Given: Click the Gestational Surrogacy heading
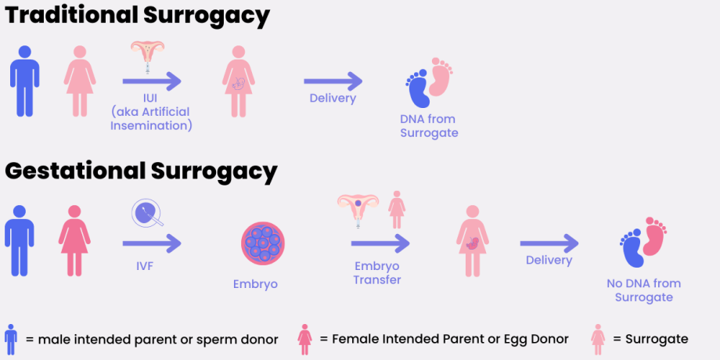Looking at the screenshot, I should click(142, 170).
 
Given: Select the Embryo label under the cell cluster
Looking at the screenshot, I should click(256, 283).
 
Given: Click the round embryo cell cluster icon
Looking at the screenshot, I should click(263, 243).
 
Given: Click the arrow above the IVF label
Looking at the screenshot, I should click(152, 243).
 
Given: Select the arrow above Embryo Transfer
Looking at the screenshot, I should click(381, 243).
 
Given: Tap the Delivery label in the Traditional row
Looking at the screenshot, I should click(333, 99).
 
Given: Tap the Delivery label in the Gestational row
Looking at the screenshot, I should click(549, 260).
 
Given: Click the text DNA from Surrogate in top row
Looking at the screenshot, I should click(429, 126).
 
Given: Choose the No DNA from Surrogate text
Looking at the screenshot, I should click(643, 290).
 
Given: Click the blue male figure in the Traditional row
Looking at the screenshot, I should click(26, 81).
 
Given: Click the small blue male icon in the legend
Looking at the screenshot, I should click(10, 339).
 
